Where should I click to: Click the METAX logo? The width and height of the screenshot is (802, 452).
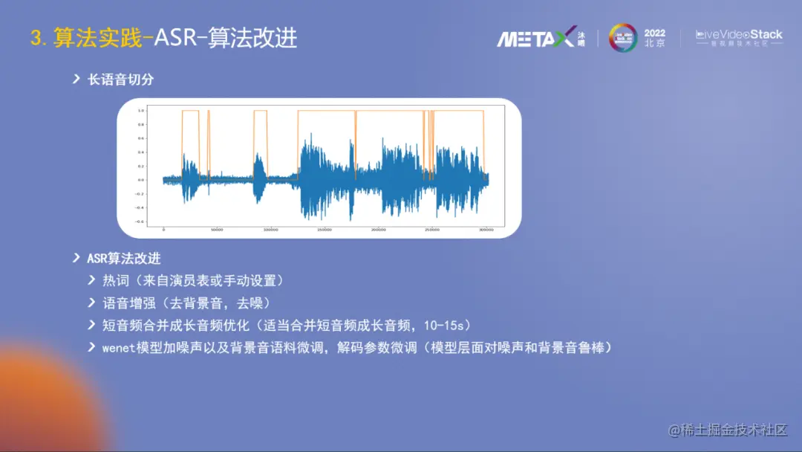[x=535, y=37]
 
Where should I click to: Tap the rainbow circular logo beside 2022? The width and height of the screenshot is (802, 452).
[x=623, y=38]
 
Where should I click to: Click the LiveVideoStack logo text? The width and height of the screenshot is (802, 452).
[x=738, y=35]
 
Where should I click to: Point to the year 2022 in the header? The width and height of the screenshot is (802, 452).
[x=655, y=33]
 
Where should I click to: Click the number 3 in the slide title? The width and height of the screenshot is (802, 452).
[x=36, y=38]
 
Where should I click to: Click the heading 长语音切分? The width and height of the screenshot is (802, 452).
[x=120, y=79]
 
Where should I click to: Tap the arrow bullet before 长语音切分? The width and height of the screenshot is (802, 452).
[x=76, y=79]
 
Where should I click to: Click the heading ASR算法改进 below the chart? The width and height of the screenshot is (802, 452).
[x=123, y=259]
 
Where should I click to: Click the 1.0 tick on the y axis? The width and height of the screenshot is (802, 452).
[x=140, y=110]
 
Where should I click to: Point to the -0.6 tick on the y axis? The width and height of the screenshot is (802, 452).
[x=139, y=222]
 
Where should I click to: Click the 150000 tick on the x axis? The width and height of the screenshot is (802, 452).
[x=325, y=230]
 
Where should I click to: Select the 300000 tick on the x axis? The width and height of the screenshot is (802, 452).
[x=486, y=230]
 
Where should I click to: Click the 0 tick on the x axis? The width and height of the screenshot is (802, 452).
[x=163, y=230]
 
